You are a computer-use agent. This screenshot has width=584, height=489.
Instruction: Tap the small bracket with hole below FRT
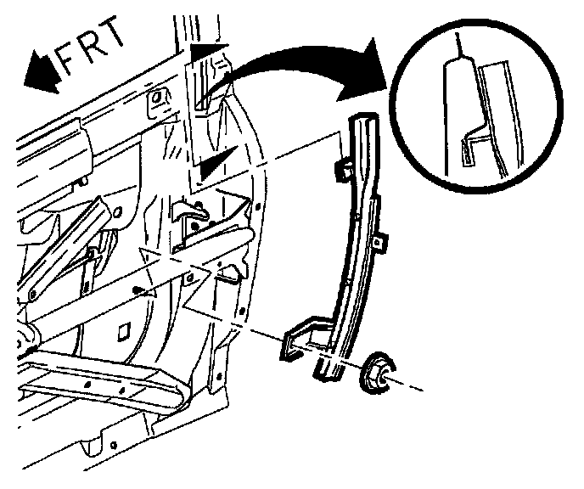[x=157, y=102]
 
